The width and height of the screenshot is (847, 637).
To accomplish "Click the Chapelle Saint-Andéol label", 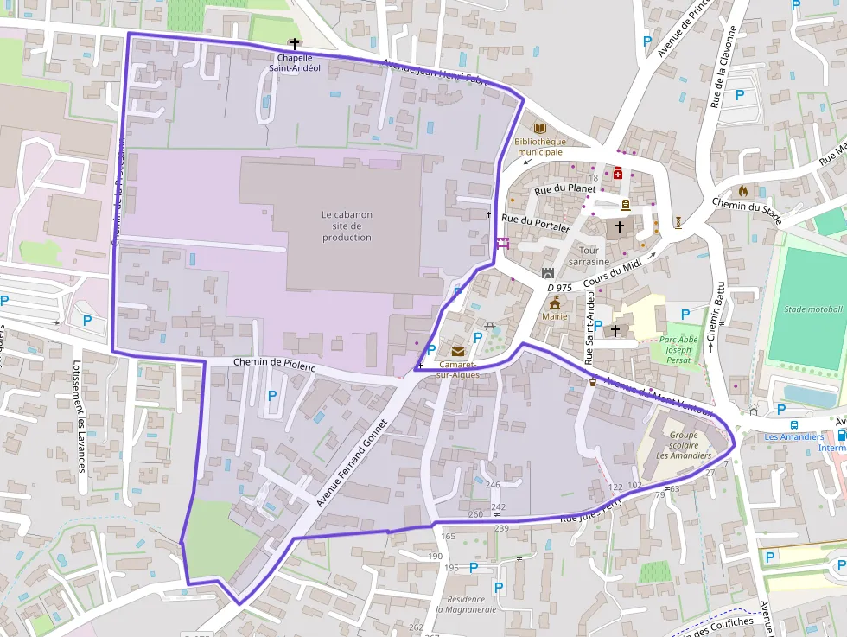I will [x=294, y=62].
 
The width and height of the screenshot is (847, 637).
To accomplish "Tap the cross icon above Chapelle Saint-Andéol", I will [x=294, y=44].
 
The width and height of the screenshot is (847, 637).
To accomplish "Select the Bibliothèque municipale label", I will [x=539, y=146].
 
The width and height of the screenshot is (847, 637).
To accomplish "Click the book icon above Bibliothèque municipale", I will [x=540, y=128].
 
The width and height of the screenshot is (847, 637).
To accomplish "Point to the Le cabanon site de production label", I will [x=347, y=226].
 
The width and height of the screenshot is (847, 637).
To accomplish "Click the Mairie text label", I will [x=555, y=316].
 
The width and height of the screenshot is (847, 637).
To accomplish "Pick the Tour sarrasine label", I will [x=589, y=256].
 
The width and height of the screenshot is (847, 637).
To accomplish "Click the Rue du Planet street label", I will [x=565, y=188].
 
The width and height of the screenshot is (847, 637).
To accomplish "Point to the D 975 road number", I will [x=560, y=287].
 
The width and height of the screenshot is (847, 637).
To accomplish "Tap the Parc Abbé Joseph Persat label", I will [x=678, y=349].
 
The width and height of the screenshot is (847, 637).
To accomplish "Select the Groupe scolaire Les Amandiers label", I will [x=683, y=445].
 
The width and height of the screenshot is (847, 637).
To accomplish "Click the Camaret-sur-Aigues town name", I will [x=457, y=369].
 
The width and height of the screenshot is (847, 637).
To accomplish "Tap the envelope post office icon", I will [x=457, y=351].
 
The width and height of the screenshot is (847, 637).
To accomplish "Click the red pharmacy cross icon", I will [x=618, y=173].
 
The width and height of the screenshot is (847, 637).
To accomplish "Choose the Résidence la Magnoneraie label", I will [x=466, y=603].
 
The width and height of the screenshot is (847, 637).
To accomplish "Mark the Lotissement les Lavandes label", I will [x=80, y=416].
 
